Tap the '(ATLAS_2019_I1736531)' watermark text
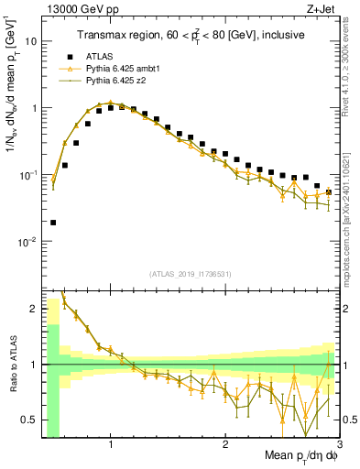coord(191,274)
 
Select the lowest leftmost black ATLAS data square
coord(53,222)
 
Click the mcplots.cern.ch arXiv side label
coord(351,211)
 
